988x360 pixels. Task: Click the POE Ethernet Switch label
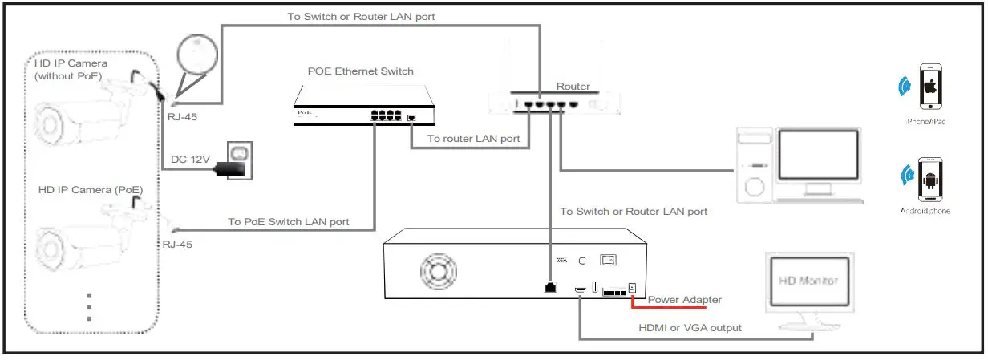[x=360, y=71]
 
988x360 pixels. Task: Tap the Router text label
[x=573, y=87]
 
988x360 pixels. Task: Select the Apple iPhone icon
[x=930, y=86]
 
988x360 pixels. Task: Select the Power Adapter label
[x=684, y=300]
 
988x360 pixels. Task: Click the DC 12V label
[x=190, y=160]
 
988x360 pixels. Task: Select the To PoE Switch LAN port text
[x=288, y=222]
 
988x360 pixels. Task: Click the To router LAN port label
[x=473, y=139]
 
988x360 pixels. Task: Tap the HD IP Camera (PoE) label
[x=90, y=190]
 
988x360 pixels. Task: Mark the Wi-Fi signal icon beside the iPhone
[x=905, y=86]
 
